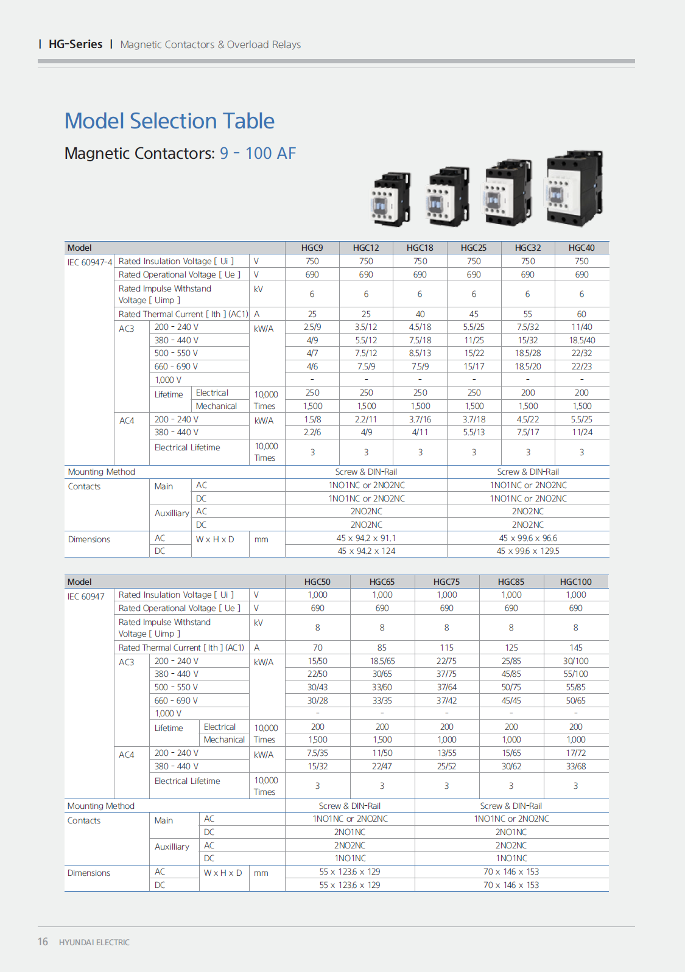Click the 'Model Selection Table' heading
pyautogui.click(x=169, y=121)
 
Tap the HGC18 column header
pyautogui.click(x=420, y=248)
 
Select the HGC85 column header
pyautogui.click(x=511, y=582)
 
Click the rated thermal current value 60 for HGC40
pyautogui.click(x=581, y=314)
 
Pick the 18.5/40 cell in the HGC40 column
pyautogui.click(x=581, y=340)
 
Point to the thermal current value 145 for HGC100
pyautogui.click(x=576, y=648)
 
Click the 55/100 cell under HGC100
pyautogui.click(x=576, y=674)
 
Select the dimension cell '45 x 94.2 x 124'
pyautogui.click(x=366, y=551)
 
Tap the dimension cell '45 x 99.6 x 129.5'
pyautogui.click(x=528, y=551)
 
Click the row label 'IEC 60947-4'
pyautogui.click(x=90, y=262)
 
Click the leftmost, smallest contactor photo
pyautogui.click(x=390, y=199)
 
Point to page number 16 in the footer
pyautogui.click(x=43, y=942)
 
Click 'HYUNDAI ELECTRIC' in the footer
pyautogui.click(x=94, y=942)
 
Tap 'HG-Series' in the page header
pyautogui.click(x=76, y=44)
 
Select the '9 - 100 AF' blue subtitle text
pyautogui.click(x=258, y=153)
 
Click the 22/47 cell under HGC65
pyautogui.click(x=382, y=766)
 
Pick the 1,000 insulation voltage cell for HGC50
pyautogui.click(x=317, y=595)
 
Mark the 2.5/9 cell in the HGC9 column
pyautogui.click(x=312, y=327)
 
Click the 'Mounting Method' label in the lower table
pyautogui.click(x=101, y=806)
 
